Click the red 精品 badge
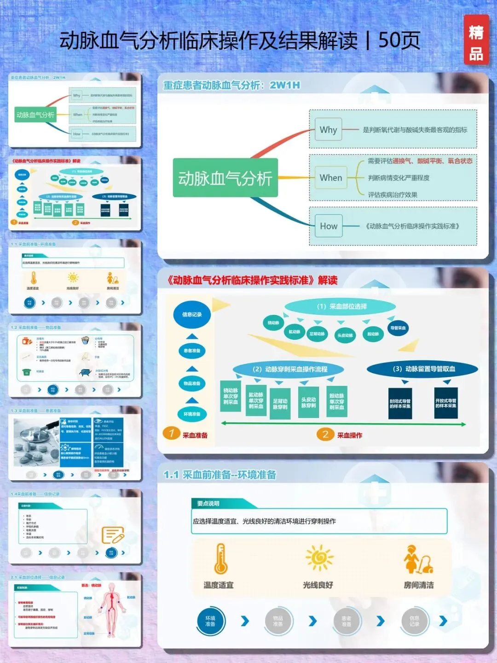pos(476,40)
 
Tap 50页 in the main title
pos(399,41)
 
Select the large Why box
pos(329,130)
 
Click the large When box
pos(331,178)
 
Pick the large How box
pos(329,226)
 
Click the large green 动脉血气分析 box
pos(225,178)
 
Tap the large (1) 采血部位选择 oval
pos(341,307)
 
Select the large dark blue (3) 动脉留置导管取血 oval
pos(423,369)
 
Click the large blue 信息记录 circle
pos(192,314)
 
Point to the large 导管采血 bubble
pos(398,328)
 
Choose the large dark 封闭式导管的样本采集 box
pos(400,403)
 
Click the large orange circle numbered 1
pos(172,433)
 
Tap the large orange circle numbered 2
pos(325,434)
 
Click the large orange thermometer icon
pos(220,558)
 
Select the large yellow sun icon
pos(318,558)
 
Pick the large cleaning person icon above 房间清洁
pos(418,559)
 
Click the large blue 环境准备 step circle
pos(210,621)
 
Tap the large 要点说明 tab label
pos(208,504)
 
